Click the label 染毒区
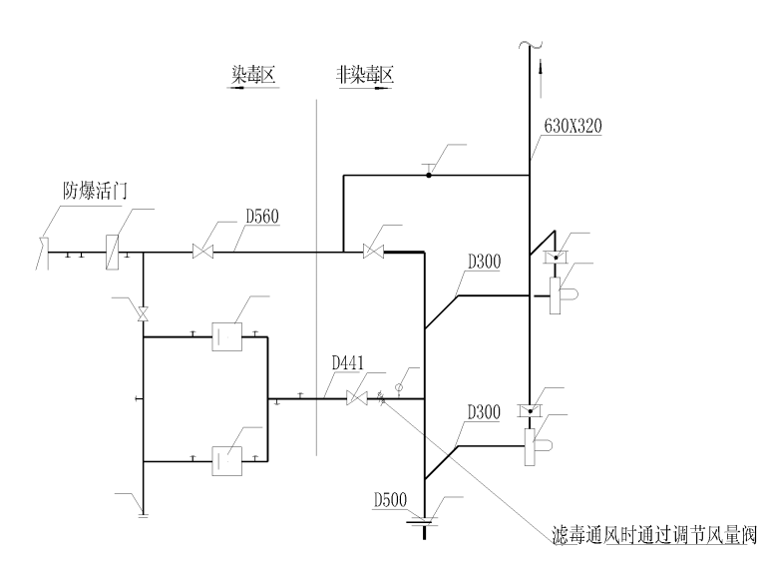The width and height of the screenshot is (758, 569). point(252,73)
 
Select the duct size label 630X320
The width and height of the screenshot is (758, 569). point(573,127)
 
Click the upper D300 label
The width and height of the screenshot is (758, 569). point(485,262)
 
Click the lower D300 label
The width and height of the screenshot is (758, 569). point(485,411)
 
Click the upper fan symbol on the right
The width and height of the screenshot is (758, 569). point(561,294)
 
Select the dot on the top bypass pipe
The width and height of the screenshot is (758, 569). point(429,176)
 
